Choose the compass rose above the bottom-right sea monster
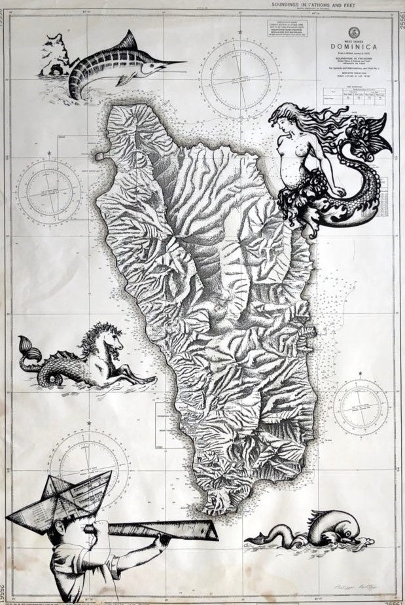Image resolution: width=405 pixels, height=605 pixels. (361, 407)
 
